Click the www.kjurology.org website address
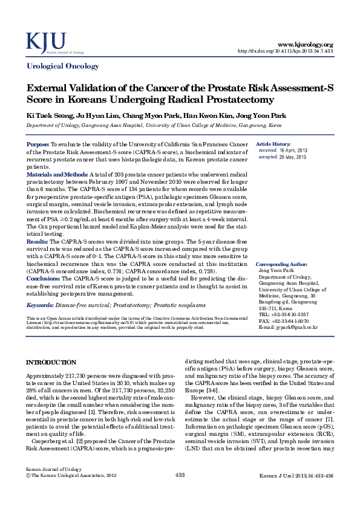(x=305, y=44)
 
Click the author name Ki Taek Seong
(x=44, y=115)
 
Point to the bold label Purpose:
(x=38, y=145)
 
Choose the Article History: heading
(x=273, y=144)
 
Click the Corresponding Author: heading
(x=283, y=264)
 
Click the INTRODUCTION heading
(x=50, y=362)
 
